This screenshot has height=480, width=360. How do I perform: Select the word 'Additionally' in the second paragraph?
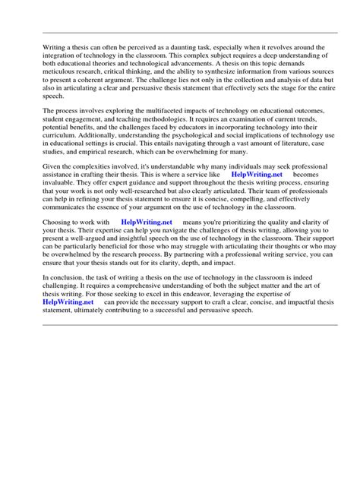tap(105, 138)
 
